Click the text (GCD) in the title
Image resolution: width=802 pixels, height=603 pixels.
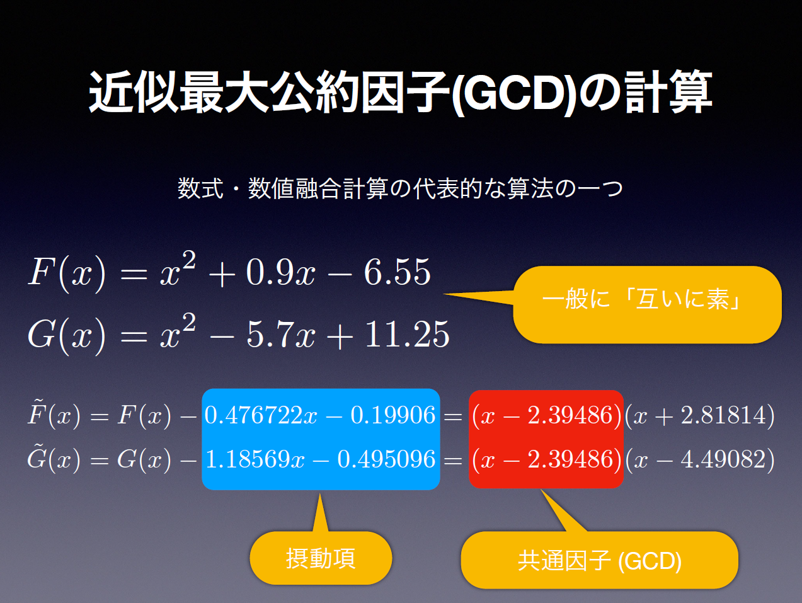point(514,93)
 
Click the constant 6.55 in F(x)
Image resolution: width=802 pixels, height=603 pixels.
point(397,272)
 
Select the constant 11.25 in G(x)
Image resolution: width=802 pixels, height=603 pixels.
point(407,334)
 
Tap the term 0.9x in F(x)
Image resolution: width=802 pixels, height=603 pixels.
point(280,272)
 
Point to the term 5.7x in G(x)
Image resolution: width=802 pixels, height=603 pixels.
point(280,334)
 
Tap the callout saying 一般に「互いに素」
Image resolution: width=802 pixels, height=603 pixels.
point(647,304)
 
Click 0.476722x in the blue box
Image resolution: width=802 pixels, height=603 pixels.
point(261,415)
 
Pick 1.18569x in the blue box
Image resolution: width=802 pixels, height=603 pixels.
point(255,459)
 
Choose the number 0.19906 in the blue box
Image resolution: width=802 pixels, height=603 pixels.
point(392,415)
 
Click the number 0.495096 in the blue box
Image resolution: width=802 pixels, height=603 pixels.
point(386,459)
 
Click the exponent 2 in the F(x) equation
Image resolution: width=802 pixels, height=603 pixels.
point(188,260)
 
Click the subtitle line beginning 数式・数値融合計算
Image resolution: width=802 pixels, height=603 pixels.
point(400,188)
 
